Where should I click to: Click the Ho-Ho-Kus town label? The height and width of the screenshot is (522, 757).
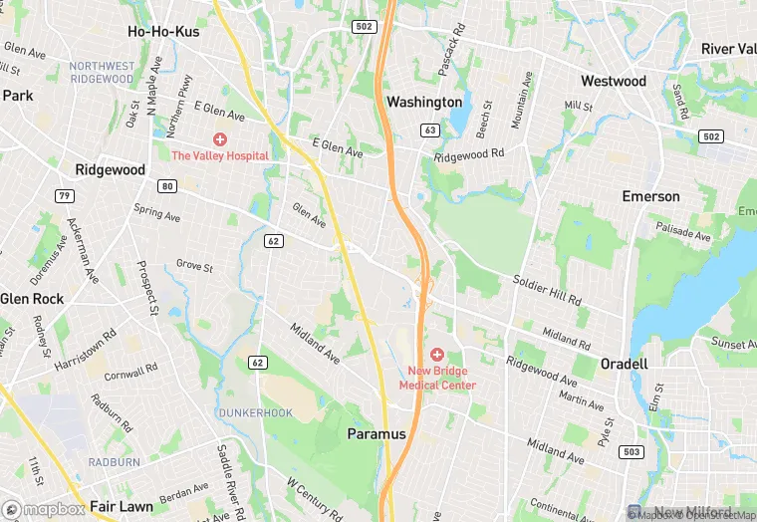[163, 32]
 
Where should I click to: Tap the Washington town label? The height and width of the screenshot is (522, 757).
[424, 102]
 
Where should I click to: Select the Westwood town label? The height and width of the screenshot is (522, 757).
[614, 81]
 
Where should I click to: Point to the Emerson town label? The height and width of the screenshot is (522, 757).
[650, 196]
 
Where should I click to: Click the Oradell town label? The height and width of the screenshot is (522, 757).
[625, 365]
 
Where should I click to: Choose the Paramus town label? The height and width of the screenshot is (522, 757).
[377, 434]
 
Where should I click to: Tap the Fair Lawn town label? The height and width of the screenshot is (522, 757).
[122, 506]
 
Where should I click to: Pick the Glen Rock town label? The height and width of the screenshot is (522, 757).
[32, 299]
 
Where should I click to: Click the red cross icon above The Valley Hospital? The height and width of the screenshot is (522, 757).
[219, 139]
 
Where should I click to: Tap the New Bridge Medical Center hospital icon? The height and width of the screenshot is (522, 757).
[436, 354]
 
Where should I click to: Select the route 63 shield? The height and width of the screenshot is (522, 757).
[430, 130]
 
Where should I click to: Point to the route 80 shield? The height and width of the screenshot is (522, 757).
[166, 186]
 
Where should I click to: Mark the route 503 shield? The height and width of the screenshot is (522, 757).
[631, 452]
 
